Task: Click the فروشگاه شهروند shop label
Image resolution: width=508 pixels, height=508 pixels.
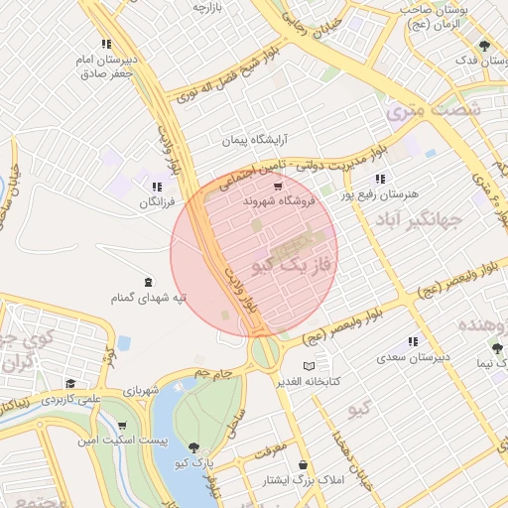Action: (278, 201)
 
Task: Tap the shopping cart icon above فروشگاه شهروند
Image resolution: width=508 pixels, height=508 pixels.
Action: (277, 185)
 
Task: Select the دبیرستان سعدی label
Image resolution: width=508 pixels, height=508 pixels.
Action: (417, 355)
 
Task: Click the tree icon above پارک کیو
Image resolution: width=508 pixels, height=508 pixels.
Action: (193, 447)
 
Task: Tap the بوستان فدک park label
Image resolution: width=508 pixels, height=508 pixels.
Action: (483, 60)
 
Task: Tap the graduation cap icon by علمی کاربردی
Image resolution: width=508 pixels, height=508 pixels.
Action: (69, 384)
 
